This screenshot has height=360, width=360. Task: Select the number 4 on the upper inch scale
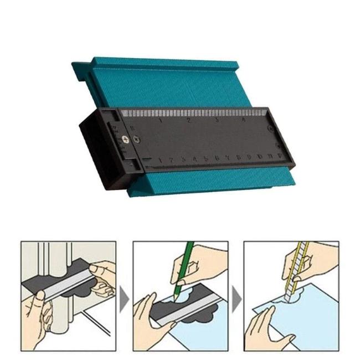[x=244, y=120]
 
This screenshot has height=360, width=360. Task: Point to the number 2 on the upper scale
[x=188, y=120]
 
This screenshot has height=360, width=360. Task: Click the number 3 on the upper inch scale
[x=216, y=120]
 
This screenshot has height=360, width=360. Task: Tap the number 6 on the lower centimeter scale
[x=216, y=158]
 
